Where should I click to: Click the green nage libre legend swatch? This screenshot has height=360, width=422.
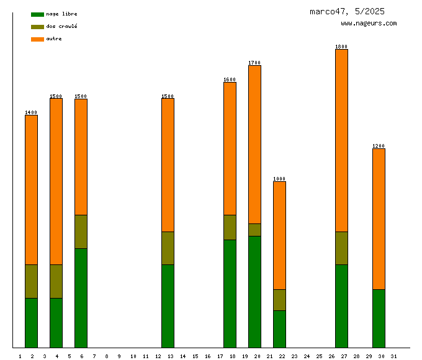pos(37,14)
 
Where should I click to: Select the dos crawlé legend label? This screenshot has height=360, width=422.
pos(61,27)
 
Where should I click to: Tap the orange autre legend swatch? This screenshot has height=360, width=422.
pos(37,39)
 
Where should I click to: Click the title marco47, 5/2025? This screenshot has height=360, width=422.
pos(347,11)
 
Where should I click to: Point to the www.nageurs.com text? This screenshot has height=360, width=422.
pos(369,24)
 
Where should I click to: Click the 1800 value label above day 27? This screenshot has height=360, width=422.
pos(341,47)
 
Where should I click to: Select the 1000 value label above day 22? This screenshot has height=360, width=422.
pos(279,179)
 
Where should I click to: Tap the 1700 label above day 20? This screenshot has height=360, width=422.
pos(254,63)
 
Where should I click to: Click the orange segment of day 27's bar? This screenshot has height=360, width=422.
pos(341,140)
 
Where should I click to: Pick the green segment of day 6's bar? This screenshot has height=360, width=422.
pos(81,298)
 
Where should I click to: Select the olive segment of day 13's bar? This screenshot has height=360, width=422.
pos(168,248)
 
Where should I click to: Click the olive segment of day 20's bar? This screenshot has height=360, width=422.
pos(254,230)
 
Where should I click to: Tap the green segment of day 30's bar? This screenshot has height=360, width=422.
pos(379,318)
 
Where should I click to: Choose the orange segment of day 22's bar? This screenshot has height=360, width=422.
pos(279,235)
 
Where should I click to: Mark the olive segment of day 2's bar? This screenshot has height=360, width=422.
pos(31,281)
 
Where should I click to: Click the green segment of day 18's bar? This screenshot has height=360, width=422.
pos(230,294)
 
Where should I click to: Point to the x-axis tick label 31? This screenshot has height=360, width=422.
pos(393,356)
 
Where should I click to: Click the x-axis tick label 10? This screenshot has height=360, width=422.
pos(133,356)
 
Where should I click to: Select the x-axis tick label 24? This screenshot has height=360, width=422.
pos(307,356)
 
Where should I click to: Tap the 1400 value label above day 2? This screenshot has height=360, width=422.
pos(31,112)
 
